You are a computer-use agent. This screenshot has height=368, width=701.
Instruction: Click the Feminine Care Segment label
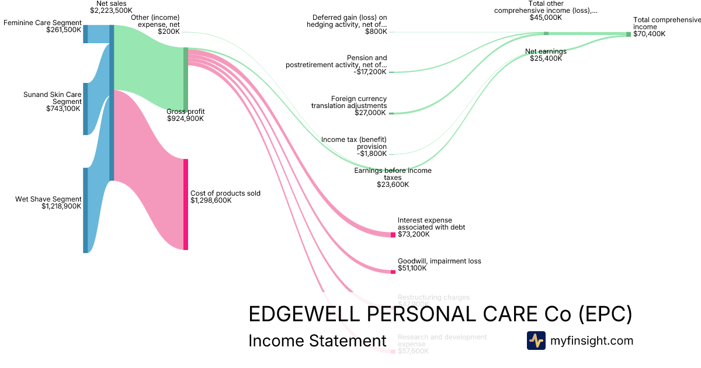tap(43, 23)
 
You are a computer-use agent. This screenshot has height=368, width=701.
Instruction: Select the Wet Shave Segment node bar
tap(85, 210)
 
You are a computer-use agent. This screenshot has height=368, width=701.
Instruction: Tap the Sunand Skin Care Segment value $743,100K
tap(64, 109)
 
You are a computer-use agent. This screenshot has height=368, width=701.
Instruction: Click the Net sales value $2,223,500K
tap(111, 11)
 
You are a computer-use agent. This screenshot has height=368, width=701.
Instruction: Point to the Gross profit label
tap(185, 112)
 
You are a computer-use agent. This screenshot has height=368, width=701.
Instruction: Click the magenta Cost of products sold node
tap(186, 204)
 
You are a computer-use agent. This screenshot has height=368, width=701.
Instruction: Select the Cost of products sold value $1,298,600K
tap(211, 200)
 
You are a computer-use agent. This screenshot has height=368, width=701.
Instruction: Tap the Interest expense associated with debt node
tap(393, 235)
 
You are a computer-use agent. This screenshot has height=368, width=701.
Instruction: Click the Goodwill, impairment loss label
tap(439, 261)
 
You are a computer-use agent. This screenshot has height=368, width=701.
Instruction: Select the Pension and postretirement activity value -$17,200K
tap(370, 72)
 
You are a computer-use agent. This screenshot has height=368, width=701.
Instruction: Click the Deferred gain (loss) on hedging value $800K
tap(376, 32)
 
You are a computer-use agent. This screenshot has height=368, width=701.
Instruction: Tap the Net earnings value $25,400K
tap(546, 58)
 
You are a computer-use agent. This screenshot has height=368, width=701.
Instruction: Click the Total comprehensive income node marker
tap(629, 34)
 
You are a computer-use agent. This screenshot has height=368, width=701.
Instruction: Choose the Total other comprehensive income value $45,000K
tap(546, 18)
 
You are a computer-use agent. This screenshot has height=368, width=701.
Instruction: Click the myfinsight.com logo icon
tap(536, 341)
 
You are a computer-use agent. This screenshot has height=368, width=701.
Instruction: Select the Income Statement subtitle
tap(317, 341)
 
